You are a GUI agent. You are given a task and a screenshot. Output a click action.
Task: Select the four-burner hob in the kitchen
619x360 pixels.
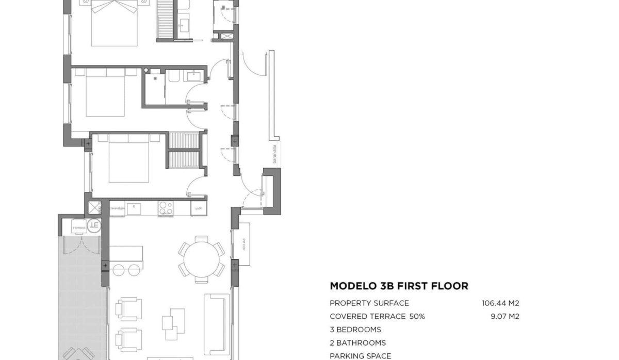coord(166,208)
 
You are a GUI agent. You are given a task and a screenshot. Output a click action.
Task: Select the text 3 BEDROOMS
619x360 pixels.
coord(355,330)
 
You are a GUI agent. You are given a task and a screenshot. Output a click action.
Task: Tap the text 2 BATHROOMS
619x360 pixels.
coord(357,343)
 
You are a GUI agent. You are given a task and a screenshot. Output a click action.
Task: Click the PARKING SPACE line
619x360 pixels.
coord(360,356)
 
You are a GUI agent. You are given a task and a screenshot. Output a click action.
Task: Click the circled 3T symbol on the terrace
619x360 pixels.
coord(94,224)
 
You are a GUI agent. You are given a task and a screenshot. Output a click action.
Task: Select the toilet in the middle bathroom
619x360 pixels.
coord(173,78)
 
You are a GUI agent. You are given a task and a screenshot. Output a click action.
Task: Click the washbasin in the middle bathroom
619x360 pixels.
coord(194,77)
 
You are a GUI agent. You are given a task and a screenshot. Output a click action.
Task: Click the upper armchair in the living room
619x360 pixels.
coord(128,308)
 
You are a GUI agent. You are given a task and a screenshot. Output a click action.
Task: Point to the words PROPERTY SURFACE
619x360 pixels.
coord(369,303)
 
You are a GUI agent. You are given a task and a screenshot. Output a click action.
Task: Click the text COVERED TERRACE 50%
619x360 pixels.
coord(377,317)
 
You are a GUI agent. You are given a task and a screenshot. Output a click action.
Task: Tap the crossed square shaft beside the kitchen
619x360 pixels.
coord(94,208)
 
